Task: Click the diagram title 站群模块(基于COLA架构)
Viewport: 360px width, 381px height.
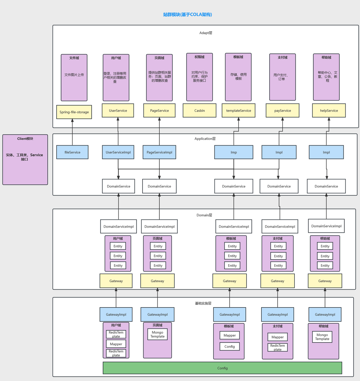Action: point(187,15)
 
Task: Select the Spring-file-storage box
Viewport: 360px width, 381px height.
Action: point(74,112)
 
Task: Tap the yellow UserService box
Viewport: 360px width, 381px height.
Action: point(118,111)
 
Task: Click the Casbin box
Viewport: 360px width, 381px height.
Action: point(200,111)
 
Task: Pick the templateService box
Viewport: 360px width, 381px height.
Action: point(239,111)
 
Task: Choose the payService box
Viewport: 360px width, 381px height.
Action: point(283,111)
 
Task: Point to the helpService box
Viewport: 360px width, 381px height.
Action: point(329,111)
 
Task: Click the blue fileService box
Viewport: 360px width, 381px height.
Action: point(72,152)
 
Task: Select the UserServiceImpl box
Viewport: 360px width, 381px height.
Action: point(118,152)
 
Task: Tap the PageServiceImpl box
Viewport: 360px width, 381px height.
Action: point(159,152)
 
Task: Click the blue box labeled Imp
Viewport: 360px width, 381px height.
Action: point(234,152)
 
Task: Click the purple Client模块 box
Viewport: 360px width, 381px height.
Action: point(25,160)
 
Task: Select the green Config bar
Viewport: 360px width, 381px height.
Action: point(222,368)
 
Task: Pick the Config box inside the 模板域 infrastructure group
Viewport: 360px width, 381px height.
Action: point(230,346)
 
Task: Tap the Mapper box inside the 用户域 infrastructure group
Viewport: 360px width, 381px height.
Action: point(116,344)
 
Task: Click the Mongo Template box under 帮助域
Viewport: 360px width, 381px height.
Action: point(322,337)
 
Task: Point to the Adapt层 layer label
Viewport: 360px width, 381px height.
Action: point(206,33)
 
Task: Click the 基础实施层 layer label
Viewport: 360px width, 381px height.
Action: point(203,303)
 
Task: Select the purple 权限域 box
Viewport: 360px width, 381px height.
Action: point(200,77)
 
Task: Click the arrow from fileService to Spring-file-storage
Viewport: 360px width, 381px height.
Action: point(72,132)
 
